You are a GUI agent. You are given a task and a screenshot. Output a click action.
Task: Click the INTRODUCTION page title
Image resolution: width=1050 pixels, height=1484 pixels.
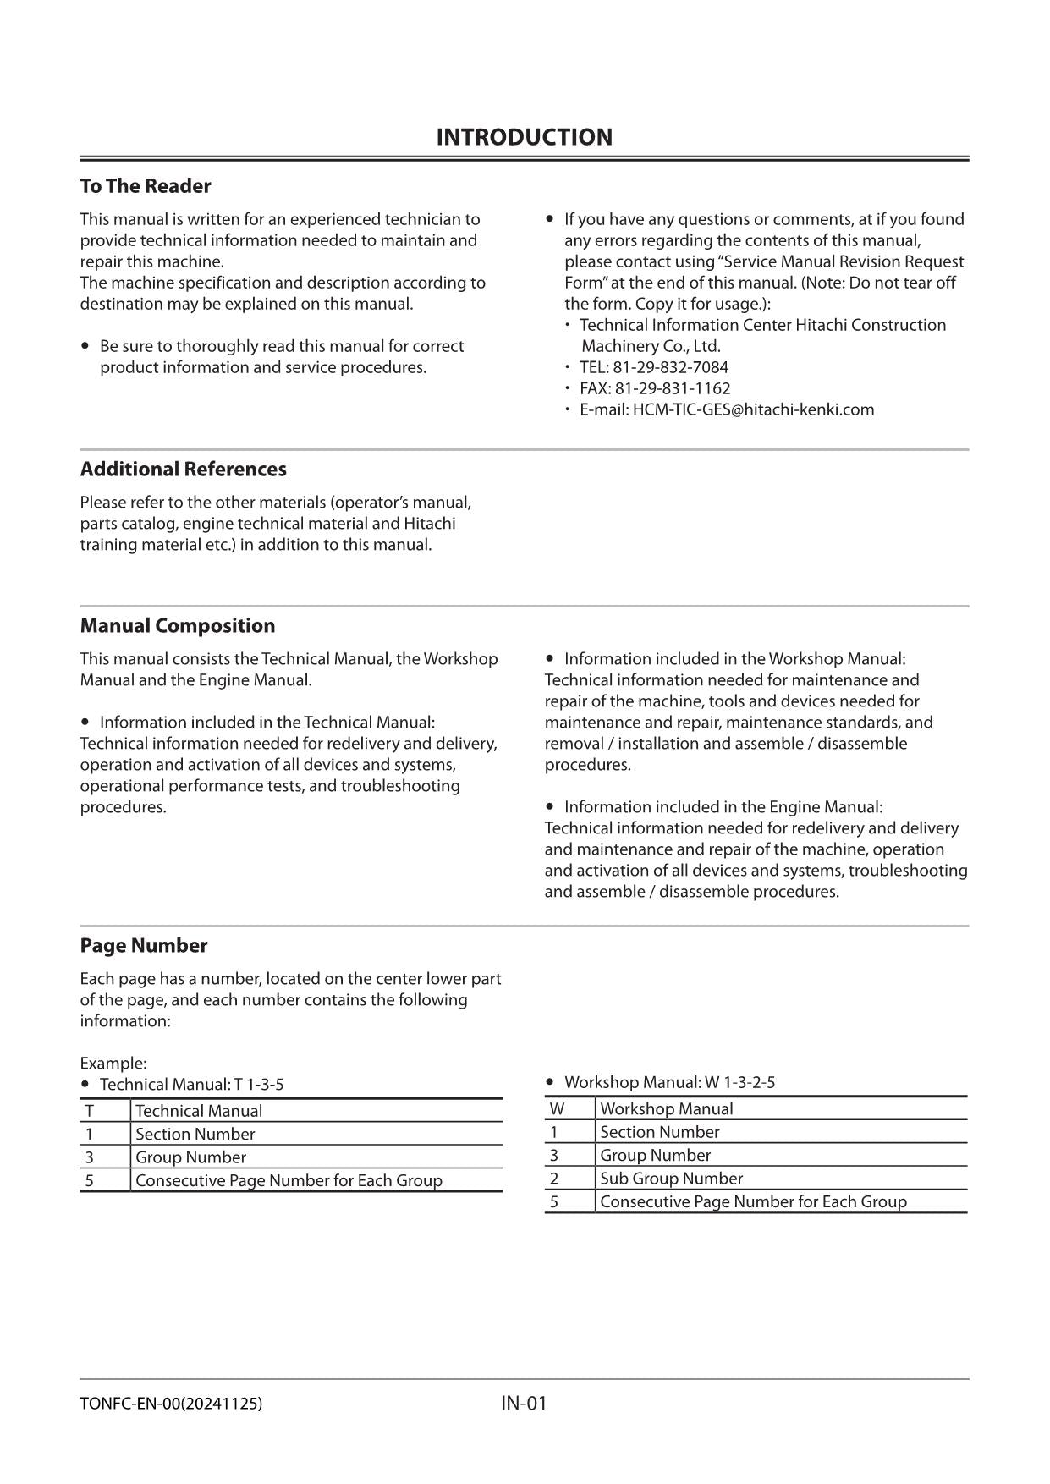(x=524, y=137)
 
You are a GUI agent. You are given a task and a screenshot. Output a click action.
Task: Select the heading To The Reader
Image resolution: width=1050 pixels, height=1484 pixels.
(x=146, y=186)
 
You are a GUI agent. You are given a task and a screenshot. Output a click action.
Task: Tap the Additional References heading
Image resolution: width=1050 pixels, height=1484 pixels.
(x=183, y=470)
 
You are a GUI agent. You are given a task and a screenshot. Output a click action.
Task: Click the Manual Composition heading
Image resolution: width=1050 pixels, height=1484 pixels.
(x=178, y=626)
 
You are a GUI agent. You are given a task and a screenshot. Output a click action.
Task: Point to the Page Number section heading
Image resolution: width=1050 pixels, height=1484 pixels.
(x=144, y=946)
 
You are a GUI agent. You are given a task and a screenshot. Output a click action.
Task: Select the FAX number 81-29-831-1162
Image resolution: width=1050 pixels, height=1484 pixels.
(x=672, y=388)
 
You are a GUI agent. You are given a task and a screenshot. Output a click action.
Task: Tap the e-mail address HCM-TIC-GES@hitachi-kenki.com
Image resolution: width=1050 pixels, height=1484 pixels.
(x=753, y=409)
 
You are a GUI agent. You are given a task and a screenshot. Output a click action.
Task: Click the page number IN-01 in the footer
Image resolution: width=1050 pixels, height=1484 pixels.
(x=524, y=1404)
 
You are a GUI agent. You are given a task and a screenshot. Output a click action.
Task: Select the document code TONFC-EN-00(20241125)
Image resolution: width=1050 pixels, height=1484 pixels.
(x=171, y=1404)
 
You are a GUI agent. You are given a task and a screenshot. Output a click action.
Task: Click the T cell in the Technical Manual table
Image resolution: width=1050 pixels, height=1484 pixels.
(x=89, y=1111)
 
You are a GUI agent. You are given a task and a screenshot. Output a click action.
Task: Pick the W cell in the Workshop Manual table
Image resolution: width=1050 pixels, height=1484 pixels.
(x=557, y=1109)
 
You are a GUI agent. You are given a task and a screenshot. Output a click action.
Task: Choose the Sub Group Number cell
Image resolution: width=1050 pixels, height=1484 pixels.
(x=671, y=1179)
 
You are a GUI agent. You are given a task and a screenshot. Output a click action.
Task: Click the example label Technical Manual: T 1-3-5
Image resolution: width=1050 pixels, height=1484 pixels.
(x=191, y=1085)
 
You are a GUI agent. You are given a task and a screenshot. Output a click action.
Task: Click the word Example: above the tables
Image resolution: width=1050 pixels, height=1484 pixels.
(x=113, y=1064)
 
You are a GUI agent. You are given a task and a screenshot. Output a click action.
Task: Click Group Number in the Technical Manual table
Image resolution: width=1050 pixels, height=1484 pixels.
(x=190, y=1157)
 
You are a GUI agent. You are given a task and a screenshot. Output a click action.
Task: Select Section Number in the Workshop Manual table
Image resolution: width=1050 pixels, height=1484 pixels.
(x=659, y=1132)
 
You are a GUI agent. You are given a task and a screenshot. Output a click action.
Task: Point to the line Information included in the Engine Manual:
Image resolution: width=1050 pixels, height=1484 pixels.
(x=723, y=807)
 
